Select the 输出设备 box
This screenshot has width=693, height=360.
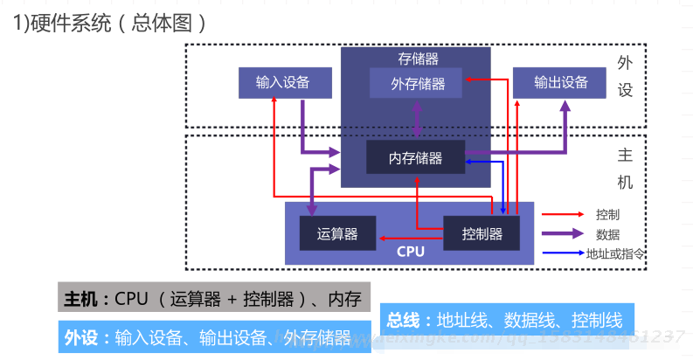point(561,83)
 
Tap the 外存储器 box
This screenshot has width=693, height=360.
point(417,84)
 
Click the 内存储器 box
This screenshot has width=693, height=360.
point(415,158)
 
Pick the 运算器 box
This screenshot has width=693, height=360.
point(337,233)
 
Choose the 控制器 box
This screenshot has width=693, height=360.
point(482,233)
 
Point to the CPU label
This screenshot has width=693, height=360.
point(410,253)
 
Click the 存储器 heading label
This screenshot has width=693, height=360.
point(417,59)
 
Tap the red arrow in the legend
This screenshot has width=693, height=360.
point(563,214)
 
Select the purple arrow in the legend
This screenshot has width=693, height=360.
point(563,233)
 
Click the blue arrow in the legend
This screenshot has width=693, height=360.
point(563,253)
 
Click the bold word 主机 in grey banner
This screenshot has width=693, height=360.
point(82,300)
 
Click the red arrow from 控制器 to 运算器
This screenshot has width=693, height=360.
point(411,236)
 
